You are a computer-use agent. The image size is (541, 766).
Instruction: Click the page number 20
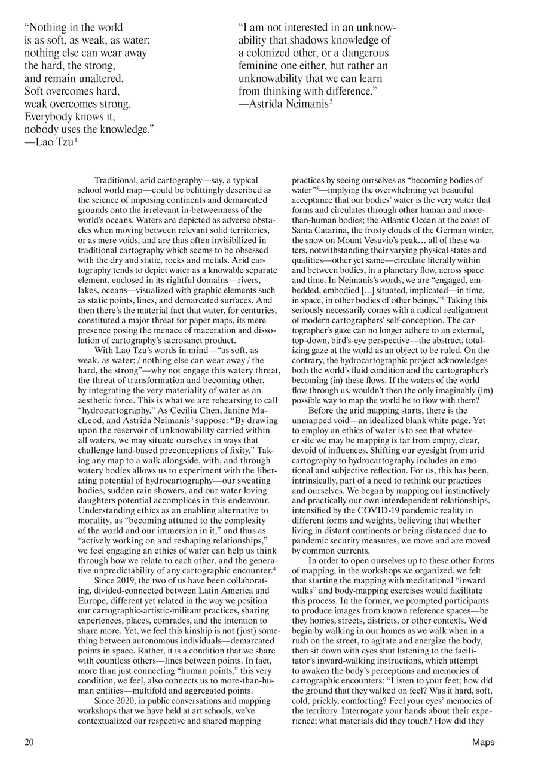(x=29, y=743)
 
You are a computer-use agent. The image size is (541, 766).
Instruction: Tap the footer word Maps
(x=483, y=743)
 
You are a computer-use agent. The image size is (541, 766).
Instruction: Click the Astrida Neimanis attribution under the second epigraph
(x=283, y=104)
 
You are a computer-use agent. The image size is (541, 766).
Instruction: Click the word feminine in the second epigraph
(x=259, y=65)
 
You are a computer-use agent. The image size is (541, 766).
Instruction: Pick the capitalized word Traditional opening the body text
(x=117, y=180)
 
